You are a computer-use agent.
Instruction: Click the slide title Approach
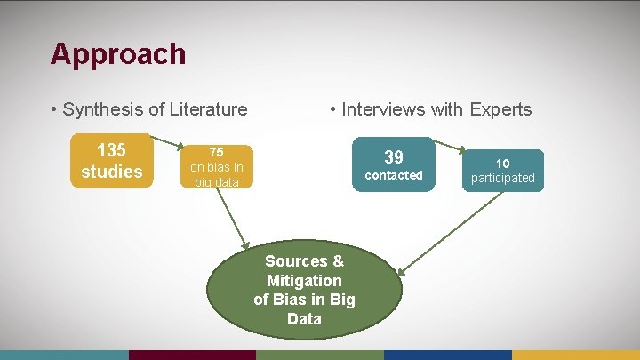click(x=118, y=54)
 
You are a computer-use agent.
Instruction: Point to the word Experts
click(x=500, y=110)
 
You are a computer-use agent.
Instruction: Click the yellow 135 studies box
click(x=111, y=161)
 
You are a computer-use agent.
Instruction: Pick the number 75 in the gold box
click(x=216, y=152)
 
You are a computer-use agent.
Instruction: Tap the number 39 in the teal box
click(x=394, y=156)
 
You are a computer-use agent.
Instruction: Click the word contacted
click(x=394, y=176)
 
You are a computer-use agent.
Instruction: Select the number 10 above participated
click(x=503, y=164)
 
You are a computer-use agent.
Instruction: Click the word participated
click(x=503, y=178)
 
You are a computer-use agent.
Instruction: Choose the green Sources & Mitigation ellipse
click(x=304, y=289)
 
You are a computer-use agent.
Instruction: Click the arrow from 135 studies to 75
click(x=165, y=143)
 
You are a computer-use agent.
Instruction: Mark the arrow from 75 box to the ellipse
click(x=233, y=219)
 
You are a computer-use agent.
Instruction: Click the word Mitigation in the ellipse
click(x=304, y=280)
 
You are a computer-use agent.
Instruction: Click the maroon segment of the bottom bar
click(x=192, y=355)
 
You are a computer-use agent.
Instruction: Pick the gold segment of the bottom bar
click(x=576, y=355)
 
